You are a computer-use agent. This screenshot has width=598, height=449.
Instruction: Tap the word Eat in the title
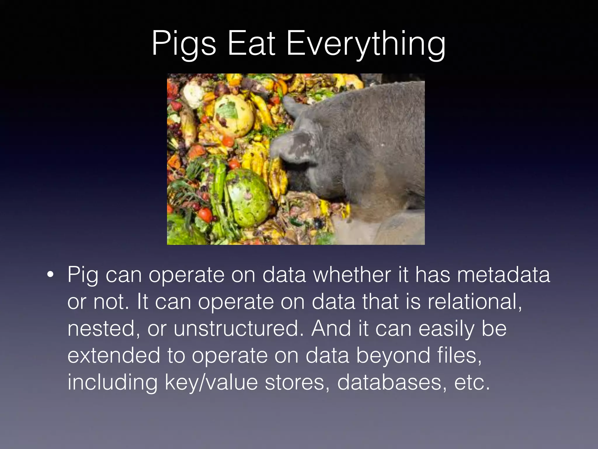pos(251,44)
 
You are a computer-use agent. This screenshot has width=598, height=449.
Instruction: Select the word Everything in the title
pos(366,44)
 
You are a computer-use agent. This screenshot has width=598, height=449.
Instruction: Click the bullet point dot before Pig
pos(50,275)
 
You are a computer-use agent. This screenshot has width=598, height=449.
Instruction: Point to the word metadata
pos(503,275)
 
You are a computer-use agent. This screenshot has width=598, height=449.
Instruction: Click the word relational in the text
pos(474,302)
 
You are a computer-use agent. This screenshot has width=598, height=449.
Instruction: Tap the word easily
pos(446,329)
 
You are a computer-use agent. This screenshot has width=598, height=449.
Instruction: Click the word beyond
pos(393,355)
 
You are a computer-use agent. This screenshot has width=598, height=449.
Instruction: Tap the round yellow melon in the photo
pos(234,115)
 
